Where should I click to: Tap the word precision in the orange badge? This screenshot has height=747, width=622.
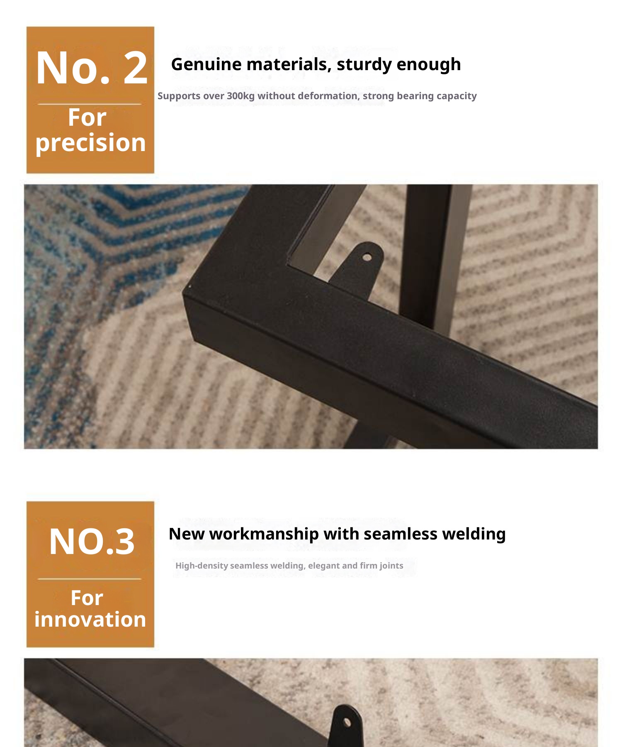[91, 143]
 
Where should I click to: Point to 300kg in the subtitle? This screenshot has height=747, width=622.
[241, 96]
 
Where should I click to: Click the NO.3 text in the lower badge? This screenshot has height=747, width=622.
[92, 542]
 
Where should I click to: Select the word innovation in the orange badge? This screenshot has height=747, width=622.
[90, 619]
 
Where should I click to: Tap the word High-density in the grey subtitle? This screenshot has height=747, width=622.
[202, 566]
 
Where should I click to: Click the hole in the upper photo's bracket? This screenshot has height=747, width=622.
[367, 257]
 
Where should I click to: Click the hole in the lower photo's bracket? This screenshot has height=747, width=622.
[347, 723]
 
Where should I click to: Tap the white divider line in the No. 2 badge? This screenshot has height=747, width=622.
[90, 104]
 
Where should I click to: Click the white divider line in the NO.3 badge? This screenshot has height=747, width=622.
[90, 579]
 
